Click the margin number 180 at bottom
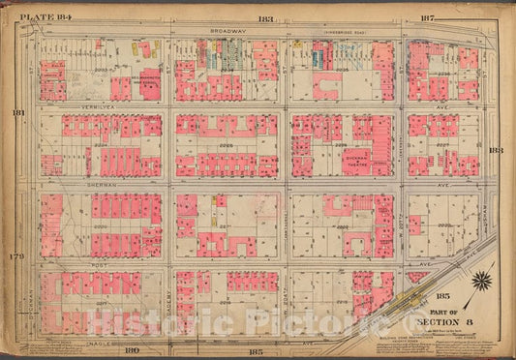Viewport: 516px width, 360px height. tap(132, 349)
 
